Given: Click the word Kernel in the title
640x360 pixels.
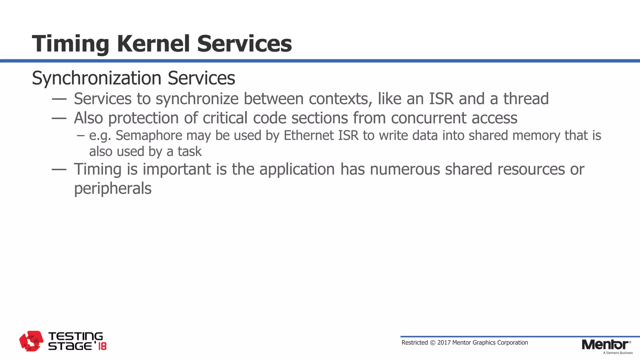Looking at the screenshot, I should tap(153, 43).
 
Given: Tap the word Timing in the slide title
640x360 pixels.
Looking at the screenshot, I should tap(70, 44).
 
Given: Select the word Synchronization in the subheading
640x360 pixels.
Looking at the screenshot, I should tap(97, 78).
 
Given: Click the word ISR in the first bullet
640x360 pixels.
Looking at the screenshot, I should tap(441, 99).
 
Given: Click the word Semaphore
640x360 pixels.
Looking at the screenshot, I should tap(149, 136).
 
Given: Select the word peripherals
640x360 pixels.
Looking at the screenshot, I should tap(112, 188).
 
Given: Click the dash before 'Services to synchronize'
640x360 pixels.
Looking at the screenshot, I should tap(59, 99).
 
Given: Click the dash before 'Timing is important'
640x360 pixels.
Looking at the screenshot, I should tap(59, 170).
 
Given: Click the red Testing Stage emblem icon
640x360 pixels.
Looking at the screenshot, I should tap(31, 341).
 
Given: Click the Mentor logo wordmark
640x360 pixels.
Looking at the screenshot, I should tap(605, 345).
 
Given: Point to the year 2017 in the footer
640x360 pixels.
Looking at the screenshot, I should tap(444, 342).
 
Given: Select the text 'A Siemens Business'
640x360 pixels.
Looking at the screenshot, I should tap(617, 353).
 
